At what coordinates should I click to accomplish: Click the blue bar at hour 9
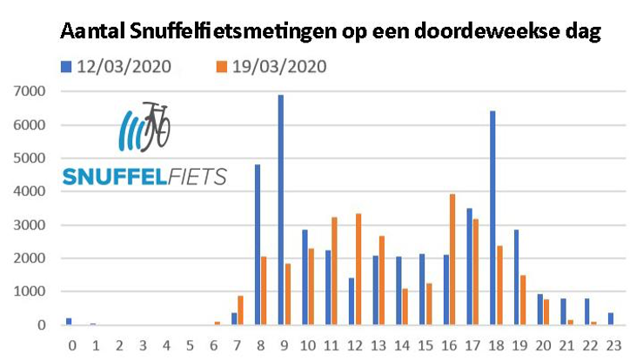click(281, 210)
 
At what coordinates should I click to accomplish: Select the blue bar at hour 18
click(492, 217)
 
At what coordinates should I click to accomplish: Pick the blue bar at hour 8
click(258, 244)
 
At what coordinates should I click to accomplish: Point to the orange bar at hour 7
click(241, 310)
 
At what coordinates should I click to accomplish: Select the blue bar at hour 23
click(610, 319)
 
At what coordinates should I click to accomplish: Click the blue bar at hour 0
click(69, 322)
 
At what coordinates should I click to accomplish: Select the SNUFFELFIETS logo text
click(144, 177)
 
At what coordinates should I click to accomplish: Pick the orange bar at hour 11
click(335, 270)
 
